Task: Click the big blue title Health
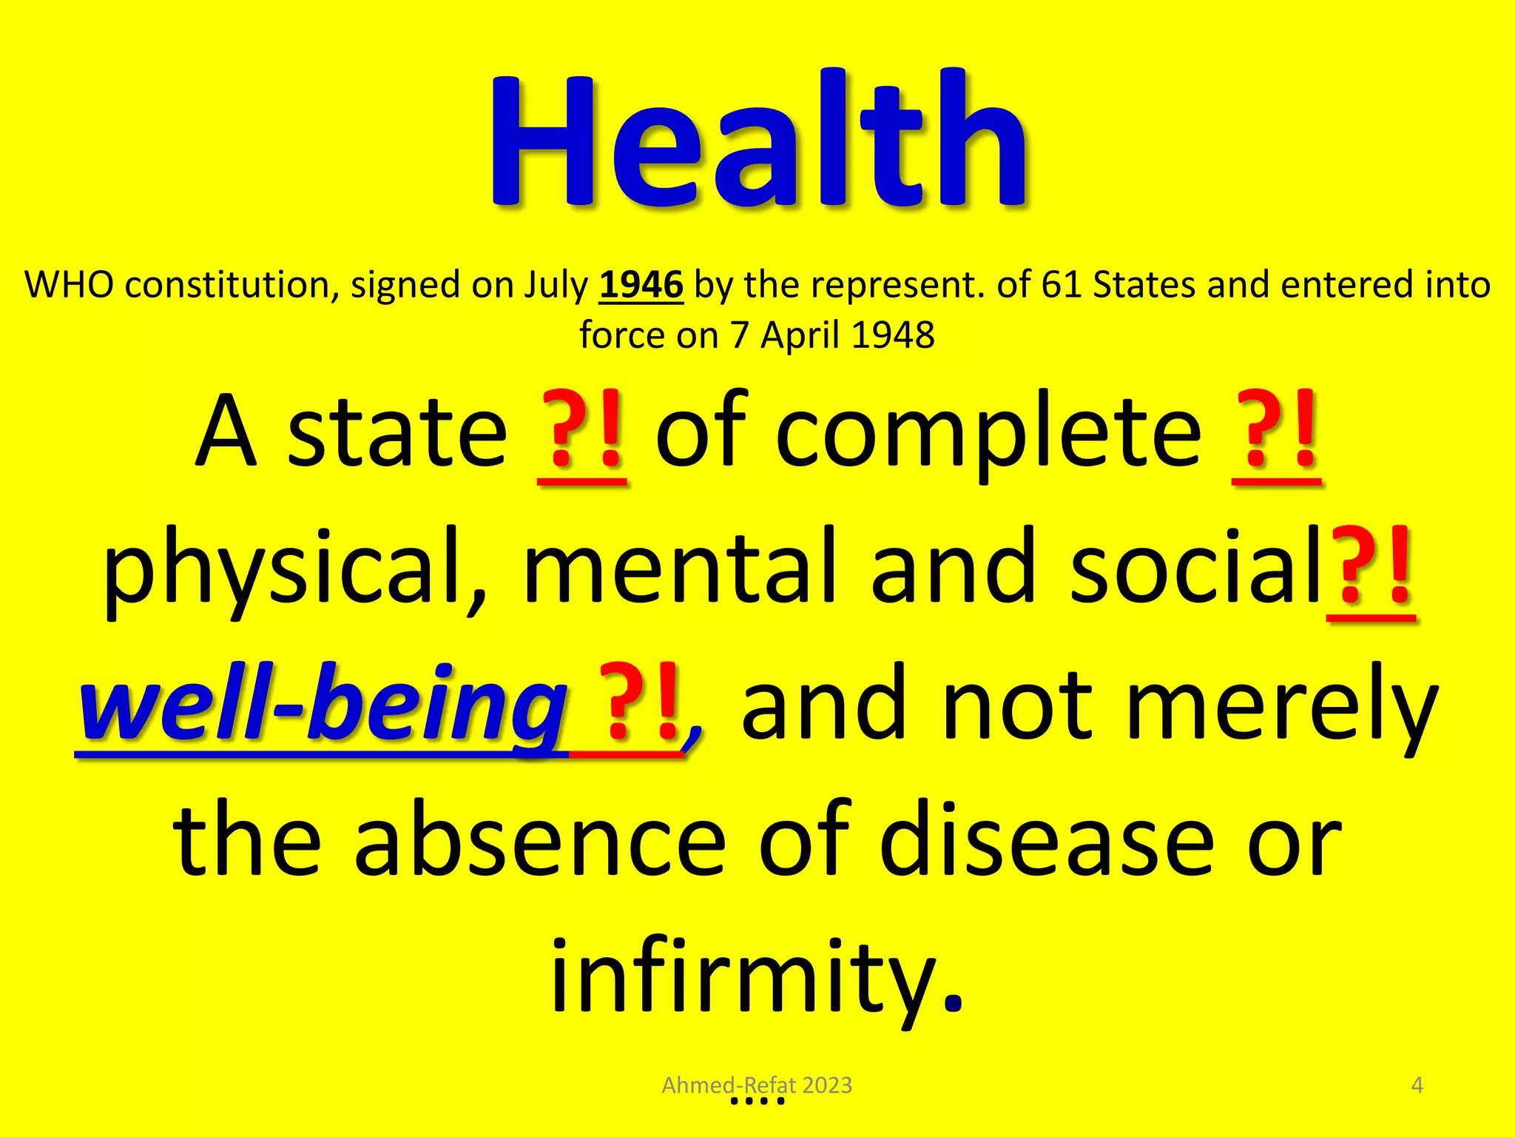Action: tap(757, 141)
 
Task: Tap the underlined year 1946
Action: tap(641, 285)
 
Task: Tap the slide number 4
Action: tap(1417, 1085)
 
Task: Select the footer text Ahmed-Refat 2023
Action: tap(757, 1085)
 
